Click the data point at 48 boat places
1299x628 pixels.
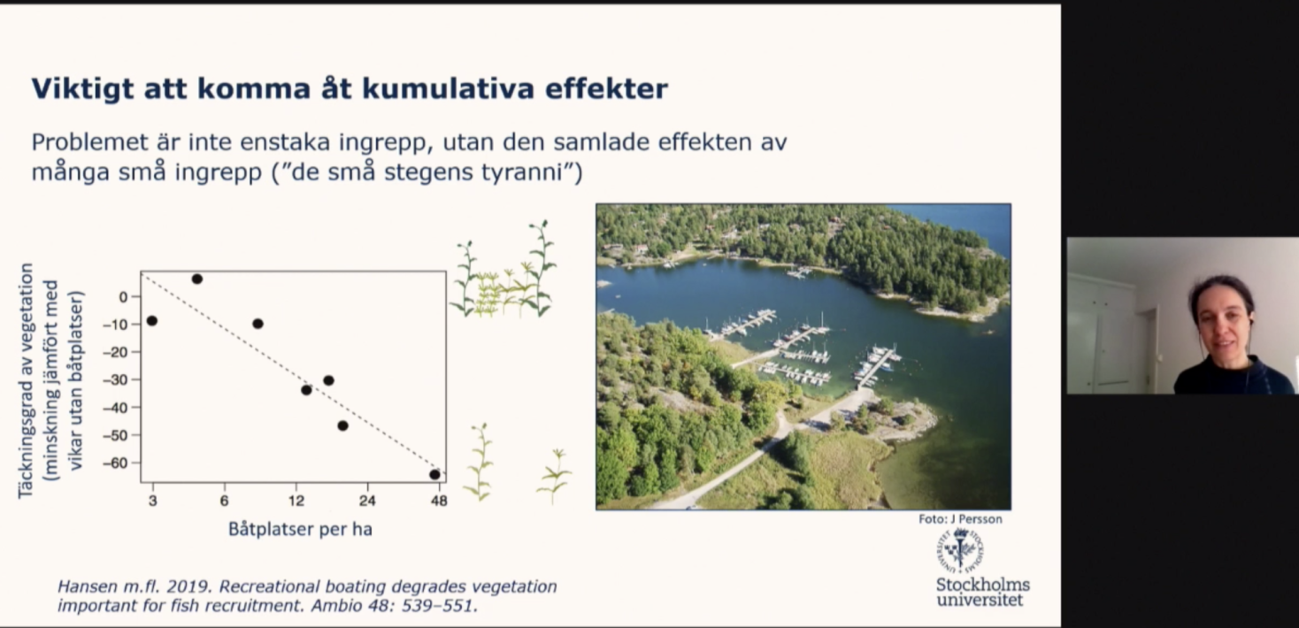coord(435,474)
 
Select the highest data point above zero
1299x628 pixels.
coord(197,279)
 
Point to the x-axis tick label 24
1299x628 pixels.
coord(367,500)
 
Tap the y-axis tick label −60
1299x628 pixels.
coord(115,463)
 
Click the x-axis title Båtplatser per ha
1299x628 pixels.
coord(300,529)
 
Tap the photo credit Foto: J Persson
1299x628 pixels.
coord(960,519)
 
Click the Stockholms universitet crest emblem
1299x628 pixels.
coord(960,549)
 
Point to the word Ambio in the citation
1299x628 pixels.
coord(337,605)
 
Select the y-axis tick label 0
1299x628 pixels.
coord(123,297)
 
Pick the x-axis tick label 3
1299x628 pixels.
coord(152,500)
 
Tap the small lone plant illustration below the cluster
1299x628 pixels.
coord(555,476)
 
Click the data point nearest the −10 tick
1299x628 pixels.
coord(152,321)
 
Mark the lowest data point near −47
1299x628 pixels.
coord(342,425)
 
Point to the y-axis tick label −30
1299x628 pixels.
coord(115,379)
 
